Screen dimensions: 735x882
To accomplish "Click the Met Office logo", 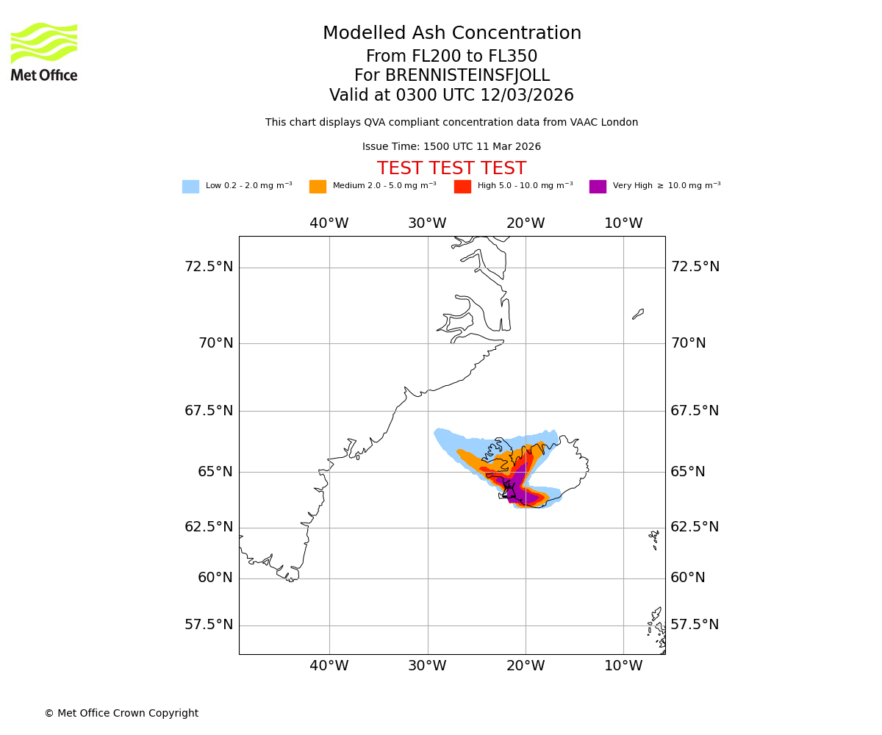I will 44,51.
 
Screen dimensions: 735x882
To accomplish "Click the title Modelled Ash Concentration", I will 452,34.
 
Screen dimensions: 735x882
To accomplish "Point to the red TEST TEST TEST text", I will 451,169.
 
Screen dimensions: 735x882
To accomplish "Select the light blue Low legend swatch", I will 190,187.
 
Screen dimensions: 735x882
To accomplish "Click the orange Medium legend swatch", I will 318,187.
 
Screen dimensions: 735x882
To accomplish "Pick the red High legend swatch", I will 462,187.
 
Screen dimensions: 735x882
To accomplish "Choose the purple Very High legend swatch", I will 598,187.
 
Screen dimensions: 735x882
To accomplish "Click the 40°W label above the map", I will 329,223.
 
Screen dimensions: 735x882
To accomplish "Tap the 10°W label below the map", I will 623,666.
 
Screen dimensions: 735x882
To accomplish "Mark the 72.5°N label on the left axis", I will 209,267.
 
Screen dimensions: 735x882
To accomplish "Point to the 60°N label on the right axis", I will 688,578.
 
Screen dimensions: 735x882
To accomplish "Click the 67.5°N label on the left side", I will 209,411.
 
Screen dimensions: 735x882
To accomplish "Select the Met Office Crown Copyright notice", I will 121,714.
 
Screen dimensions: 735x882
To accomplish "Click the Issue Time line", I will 451,147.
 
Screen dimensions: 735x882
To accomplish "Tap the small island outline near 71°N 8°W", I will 638,314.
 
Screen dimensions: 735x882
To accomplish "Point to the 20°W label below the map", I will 526,666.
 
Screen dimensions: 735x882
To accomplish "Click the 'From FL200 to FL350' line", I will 452,57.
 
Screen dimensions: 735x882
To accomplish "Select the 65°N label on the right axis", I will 688,472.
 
